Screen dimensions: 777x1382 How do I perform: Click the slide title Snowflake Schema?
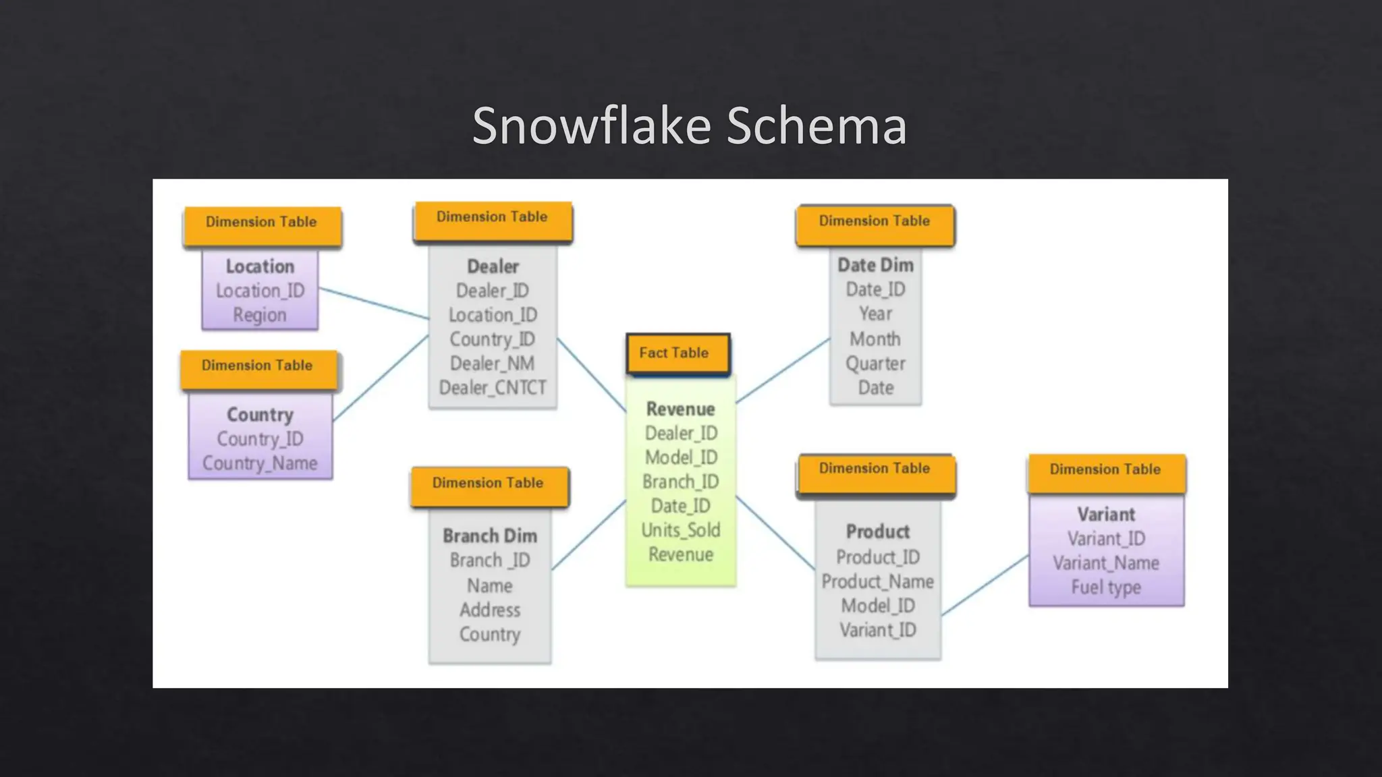point(689,126)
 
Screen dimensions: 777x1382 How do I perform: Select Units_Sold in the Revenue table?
point(681,530)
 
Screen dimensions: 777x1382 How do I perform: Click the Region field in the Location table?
point(260,315)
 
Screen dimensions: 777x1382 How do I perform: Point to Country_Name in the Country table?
point(260,463)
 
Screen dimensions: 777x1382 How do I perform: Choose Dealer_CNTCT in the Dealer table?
point(493,388)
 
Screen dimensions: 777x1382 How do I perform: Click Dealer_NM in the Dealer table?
point(493,364)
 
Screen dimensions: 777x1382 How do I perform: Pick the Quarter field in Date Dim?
point(875,364)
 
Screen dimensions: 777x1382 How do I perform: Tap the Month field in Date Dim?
point(875,339)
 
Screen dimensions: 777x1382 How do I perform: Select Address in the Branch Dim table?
point(490,610)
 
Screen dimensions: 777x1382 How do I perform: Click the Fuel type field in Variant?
point(1106,587)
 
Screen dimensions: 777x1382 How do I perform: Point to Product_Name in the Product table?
point(877,581)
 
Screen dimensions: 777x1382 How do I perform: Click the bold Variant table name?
point(1106,515)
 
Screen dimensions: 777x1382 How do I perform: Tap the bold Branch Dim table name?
point(490,536)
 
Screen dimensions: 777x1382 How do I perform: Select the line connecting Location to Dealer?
point(373,303)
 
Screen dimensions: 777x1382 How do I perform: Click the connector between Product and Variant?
point(985,585)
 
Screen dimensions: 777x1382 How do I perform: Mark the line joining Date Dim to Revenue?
point(783,371)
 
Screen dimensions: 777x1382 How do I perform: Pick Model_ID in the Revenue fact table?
point(681,457)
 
